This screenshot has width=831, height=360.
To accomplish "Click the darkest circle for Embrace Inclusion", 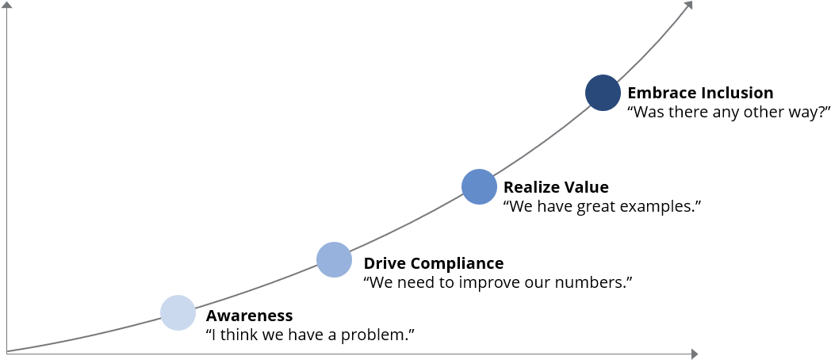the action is (603, 93).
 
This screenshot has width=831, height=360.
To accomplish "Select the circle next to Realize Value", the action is (479, 186).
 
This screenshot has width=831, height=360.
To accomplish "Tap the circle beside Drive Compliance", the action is (334, 260).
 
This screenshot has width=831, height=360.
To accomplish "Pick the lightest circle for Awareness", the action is (178, 312).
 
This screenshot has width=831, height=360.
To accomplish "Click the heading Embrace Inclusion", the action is (700, 93).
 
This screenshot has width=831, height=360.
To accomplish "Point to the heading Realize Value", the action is (556, 187).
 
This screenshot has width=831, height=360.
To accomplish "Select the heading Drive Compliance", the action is (434, 263).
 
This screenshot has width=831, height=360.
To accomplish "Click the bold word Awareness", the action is (249, 316).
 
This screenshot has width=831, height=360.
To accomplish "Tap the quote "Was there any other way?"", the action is (729, 113).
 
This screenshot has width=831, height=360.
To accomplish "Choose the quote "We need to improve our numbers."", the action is (498, 282).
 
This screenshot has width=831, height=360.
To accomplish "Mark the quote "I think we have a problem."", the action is (310, 335).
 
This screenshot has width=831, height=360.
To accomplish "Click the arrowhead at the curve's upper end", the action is (688, 6).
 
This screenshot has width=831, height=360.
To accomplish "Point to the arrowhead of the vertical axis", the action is (6, 6).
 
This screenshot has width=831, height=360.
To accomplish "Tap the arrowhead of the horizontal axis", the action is (694, 354).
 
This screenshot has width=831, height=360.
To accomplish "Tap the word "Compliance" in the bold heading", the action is (457, 263).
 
